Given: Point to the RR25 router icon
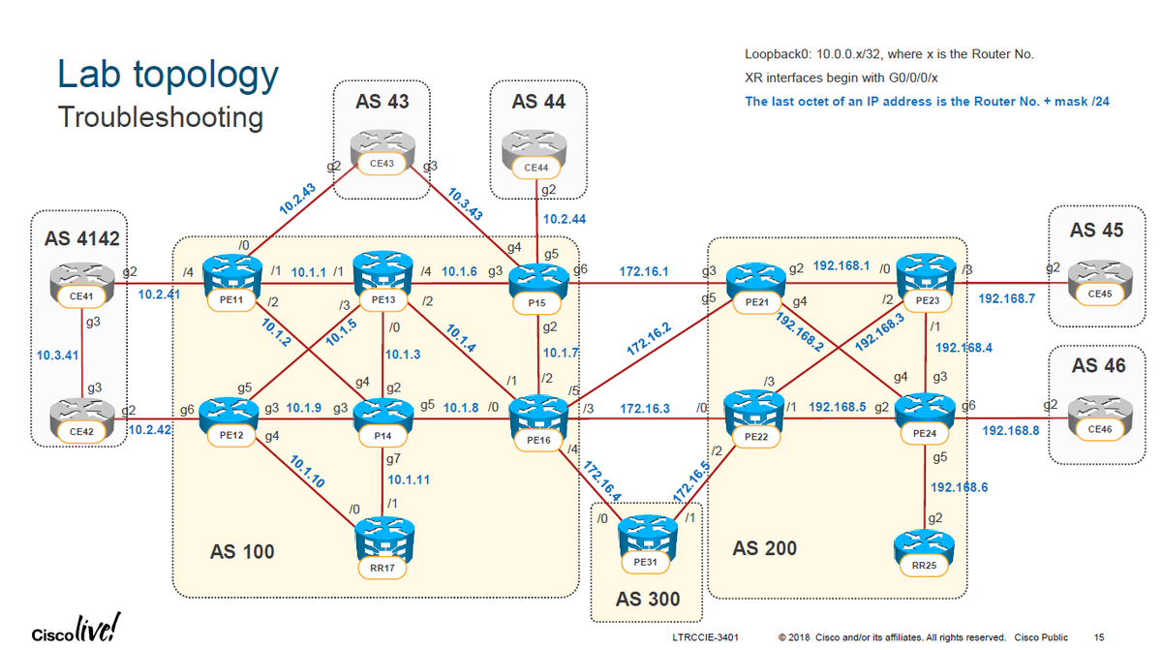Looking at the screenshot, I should coord(917,550).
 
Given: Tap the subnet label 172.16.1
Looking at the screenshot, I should coord(644,270).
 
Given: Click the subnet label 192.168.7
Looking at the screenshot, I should coord(1007,298).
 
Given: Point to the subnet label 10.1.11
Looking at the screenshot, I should coord(409,479).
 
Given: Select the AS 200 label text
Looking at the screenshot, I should coord(765,548).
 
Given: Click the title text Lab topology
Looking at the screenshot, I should coord(168,75).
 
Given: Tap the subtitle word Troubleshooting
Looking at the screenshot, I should coord(160,117).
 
